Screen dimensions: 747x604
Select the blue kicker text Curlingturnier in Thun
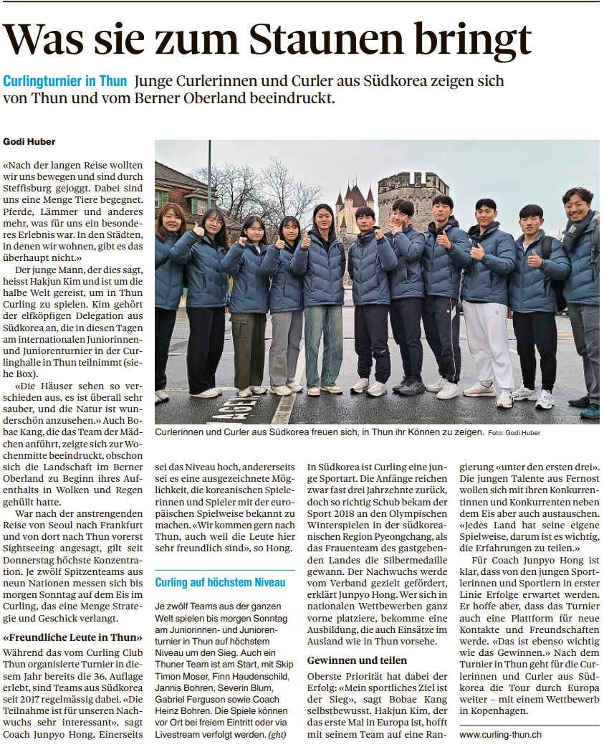pos(65,81)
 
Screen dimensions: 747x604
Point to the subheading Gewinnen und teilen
pos(357,660)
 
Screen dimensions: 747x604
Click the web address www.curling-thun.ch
pos(500,734)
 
